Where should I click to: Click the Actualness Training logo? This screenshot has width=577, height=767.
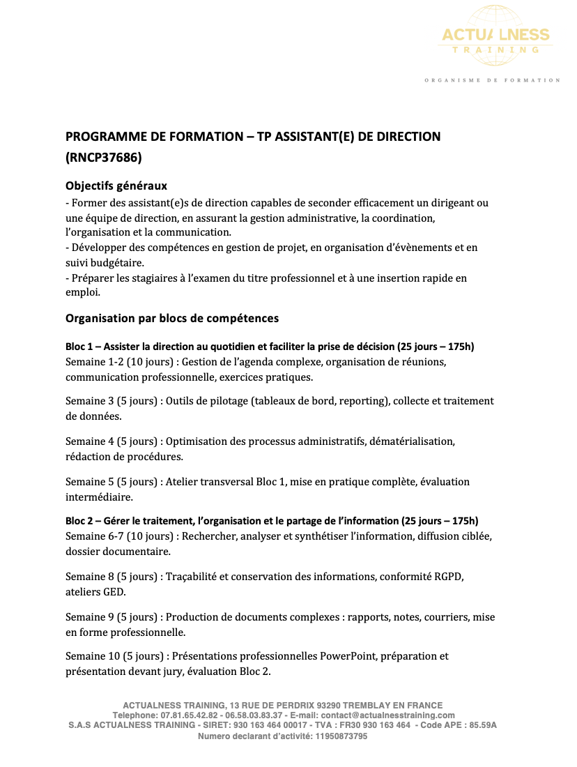495,38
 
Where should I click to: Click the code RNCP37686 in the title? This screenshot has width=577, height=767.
103,158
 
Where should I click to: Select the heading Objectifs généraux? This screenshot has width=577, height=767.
116,186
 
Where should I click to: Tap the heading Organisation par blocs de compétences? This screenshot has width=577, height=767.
172,318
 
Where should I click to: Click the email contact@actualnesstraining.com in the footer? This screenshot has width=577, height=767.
393,715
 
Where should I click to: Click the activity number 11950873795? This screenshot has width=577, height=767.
341,736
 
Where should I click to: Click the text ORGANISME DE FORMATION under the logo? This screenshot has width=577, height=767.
492,80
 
